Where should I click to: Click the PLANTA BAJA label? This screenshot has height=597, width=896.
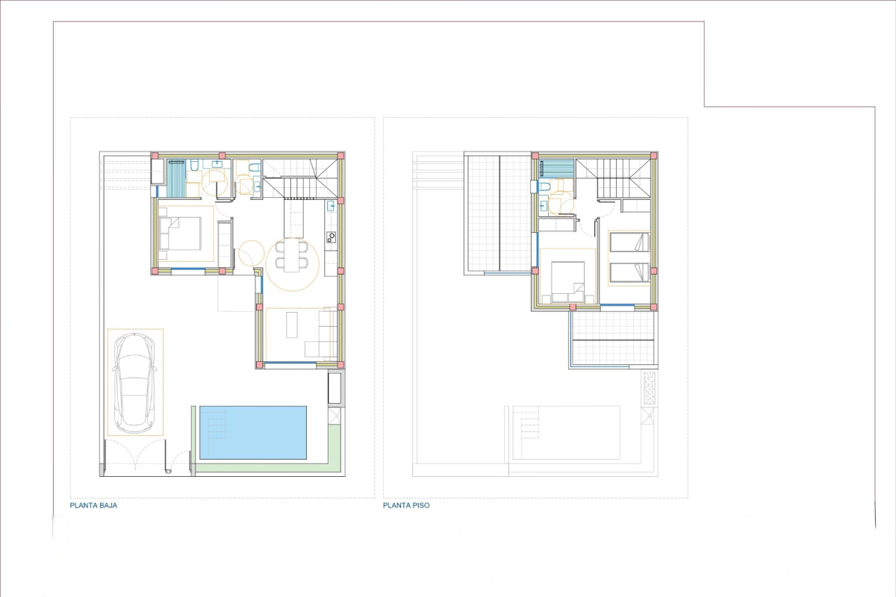[93, 505]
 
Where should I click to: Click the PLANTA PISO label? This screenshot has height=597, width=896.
[406, 505]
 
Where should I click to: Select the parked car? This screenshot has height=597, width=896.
[134, 383]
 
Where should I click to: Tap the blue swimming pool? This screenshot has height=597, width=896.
[253, 433]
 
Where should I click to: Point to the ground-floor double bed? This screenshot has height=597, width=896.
[180, 234]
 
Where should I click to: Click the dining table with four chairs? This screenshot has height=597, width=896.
[292, 255]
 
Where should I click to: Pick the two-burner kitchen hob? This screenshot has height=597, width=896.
[331, 237]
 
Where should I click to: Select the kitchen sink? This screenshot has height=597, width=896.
[331, 205]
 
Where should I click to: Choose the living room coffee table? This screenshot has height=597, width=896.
[292, 325]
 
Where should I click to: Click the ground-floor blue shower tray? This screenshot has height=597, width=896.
[176, 178]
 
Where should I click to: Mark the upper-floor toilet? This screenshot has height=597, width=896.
[545, 187]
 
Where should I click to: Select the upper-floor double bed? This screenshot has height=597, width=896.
[567, 282]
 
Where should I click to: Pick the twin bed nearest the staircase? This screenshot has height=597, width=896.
[629, 242]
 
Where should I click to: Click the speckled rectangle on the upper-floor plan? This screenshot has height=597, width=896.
[649, 387]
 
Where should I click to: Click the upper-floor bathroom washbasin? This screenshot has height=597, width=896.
[544, 206]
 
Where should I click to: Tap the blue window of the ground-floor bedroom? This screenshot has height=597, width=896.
[188, 269]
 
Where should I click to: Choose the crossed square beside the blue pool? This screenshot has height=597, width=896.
[335, 416]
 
